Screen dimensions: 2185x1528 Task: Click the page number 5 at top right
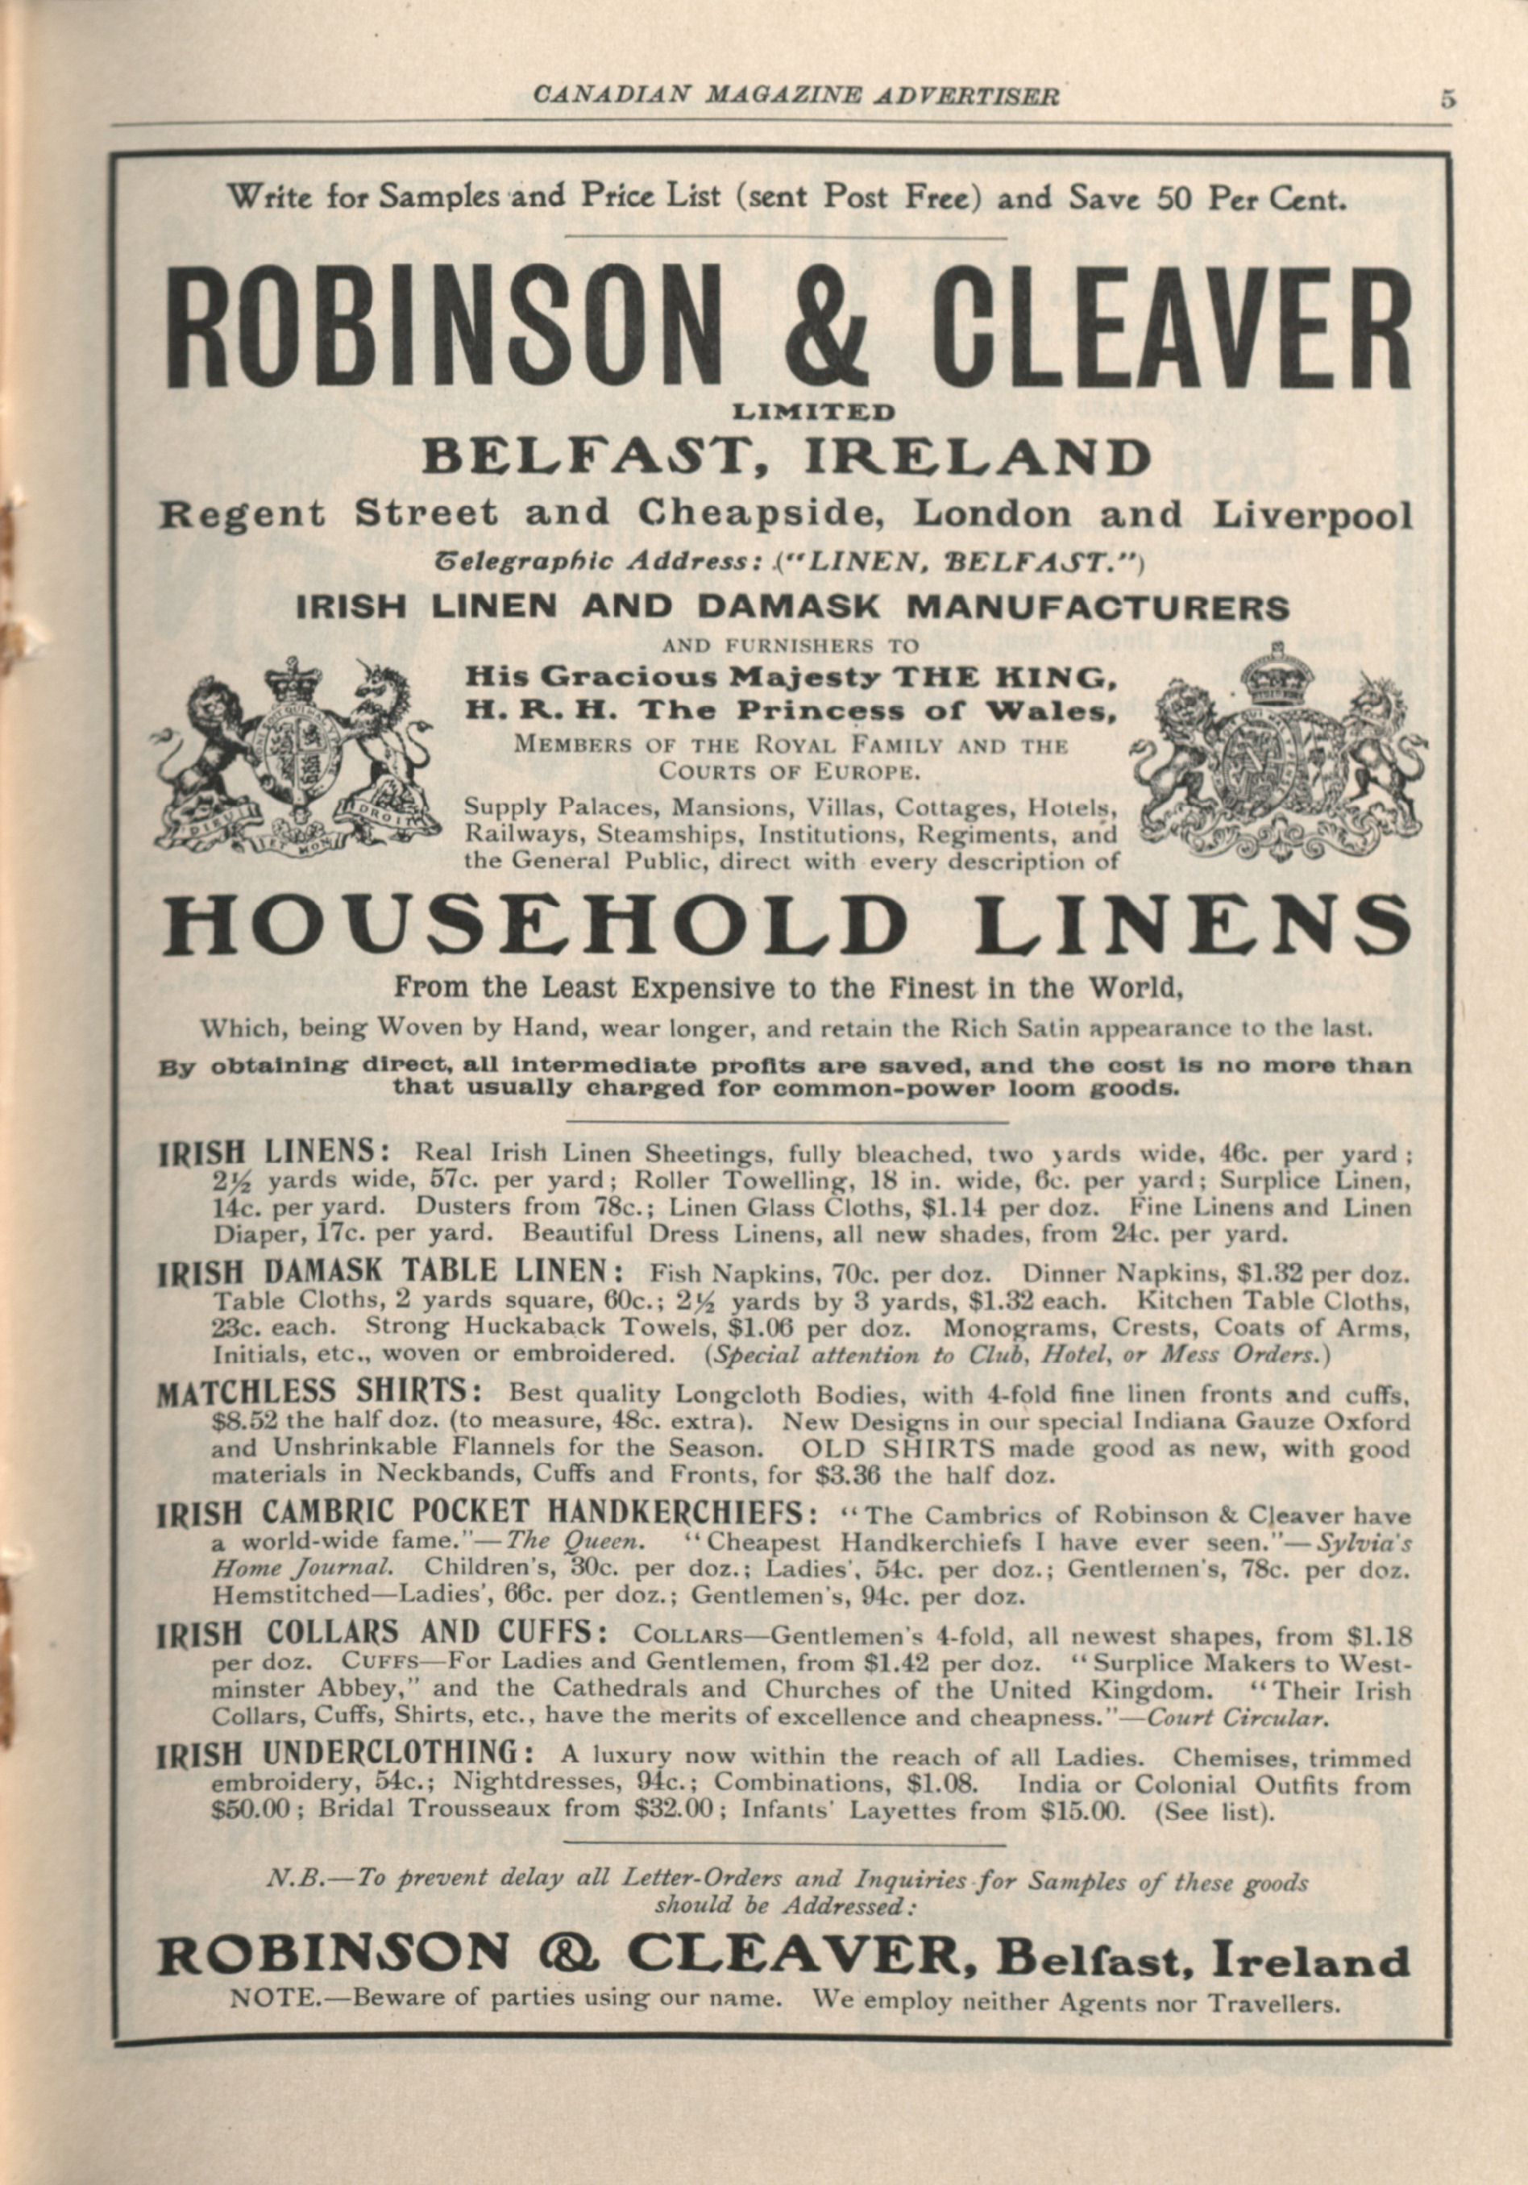click(x=1447, y=99)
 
